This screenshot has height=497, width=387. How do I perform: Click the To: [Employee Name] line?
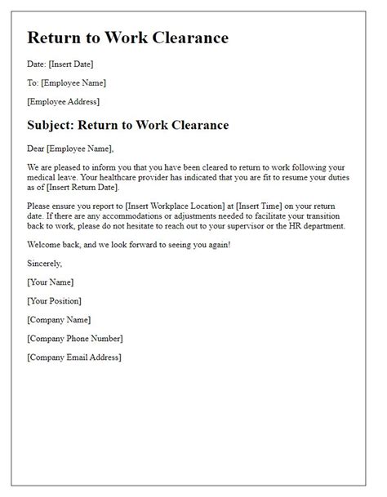click(66, 82)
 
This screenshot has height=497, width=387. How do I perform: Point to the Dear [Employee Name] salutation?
click(71, 148)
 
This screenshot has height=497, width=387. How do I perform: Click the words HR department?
click(328, 226)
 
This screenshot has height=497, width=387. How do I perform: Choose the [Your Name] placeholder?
click(50, 282)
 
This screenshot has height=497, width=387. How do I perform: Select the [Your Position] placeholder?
click(56, 300)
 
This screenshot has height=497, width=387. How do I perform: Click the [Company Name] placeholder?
click(59, 319)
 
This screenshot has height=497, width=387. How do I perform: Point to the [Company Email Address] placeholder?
click(74, 357)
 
